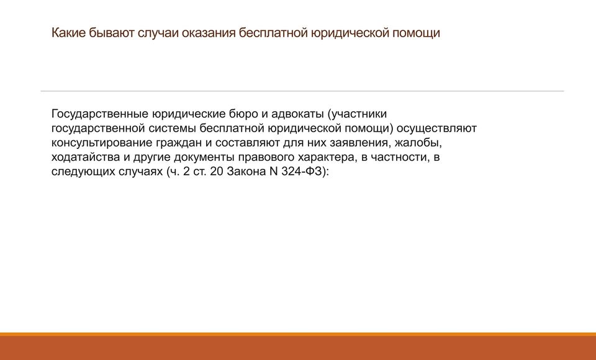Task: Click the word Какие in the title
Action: coord(68,33)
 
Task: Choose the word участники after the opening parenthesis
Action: coord(359,114)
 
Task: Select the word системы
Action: coord(172,128)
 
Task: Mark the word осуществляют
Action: coord(436,128)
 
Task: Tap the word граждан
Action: coord(179,143)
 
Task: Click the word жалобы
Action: coord(418,143)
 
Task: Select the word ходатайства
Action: coord(86,158)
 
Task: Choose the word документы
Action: coord(204,158)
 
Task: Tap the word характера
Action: coord(327,158)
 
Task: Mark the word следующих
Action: coord(83,172)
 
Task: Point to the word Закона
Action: coord(246,171)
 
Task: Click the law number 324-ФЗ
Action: coord(304,171)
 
